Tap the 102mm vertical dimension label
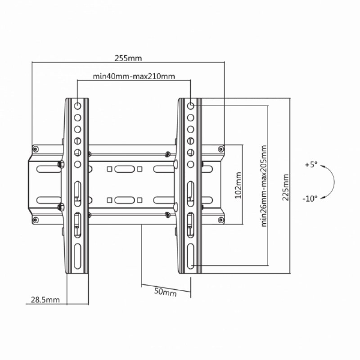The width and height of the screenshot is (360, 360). (x=238, y=184)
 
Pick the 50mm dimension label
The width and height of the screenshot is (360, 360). (x=165, y=292)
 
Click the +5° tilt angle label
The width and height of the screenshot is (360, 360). (x=310, y=165)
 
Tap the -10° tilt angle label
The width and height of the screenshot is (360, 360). (x=310, y=198)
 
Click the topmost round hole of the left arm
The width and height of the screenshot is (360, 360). (x=77, y=106)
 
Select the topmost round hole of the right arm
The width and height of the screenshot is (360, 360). (x=191, y=106)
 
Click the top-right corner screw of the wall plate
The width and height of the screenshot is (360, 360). (x=220, y=148)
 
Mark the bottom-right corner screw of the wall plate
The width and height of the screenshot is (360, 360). (x=220, y=220)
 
